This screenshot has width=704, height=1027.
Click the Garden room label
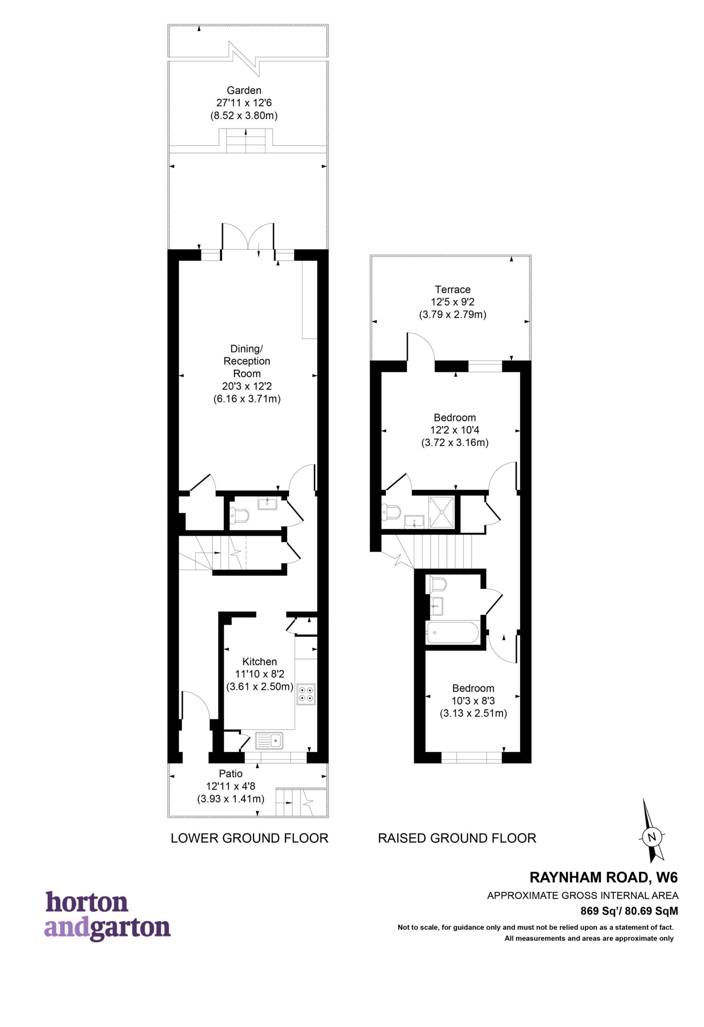[244, 91]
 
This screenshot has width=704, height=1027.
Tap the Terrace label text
[453, 290]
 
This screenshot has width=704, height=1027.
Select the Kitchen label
[260, 662]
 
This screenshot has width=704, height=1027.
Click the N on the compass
[651, 836]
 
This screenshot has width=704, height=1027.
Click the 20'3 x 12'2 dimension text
[247, 386]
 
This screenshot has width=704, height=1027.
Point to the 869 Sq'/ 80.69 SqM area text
[629, 911]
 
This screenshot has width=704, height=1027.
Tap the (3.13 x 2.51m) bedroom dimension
[473, 713]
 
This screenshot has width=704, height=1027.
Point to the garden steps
[246, 141]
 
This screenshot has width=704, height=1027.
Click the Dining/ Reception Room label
[247, 361]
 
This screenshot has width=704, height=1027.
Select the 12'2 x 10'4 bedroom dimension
[455, 430]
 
